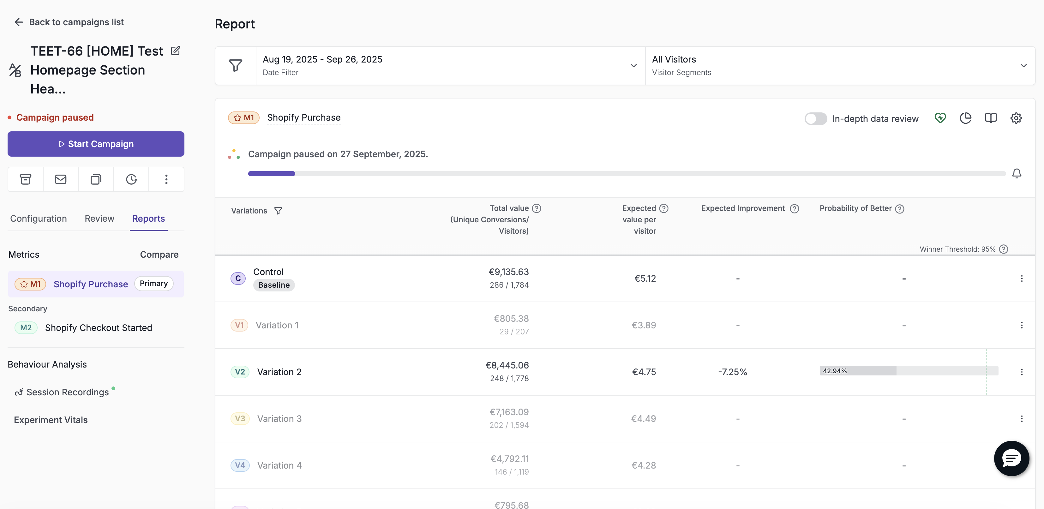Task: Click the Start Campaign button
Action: pos(96,144)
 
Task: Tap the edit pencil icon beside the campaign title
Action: pos(176,51)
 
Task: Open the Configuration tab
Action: pos(39,219)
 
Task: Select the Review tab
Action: pos(99,219)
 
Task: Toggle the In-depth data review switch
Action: pos(815,119)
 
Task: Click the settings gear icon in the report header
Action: pos(1016,118)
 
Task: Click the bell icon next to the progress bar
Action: pos(1017,173)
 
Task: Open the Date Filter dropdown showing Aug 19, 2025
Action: pos(450,66)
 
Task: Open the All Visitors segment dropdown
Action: pos(840,66)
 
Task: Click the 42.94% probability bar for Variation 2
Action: pos(908,371)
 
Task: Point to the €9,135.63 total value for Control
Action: pos(509,272)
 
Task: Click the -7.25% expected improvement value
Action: pos(732,372)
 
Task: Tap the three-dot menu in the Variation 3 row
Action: pos(1021,419)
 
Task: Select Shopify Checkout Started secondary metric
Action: pos(99,327)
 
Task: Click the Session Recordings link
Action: pos(68,392)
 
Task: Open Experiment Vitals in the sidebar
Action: pos(51,420)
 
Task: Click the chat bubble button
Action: pos(1011,458)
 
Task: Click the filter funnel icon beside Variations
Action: pos(278,211)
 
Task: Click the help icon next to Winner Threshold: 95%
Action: pos(1004,249)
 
